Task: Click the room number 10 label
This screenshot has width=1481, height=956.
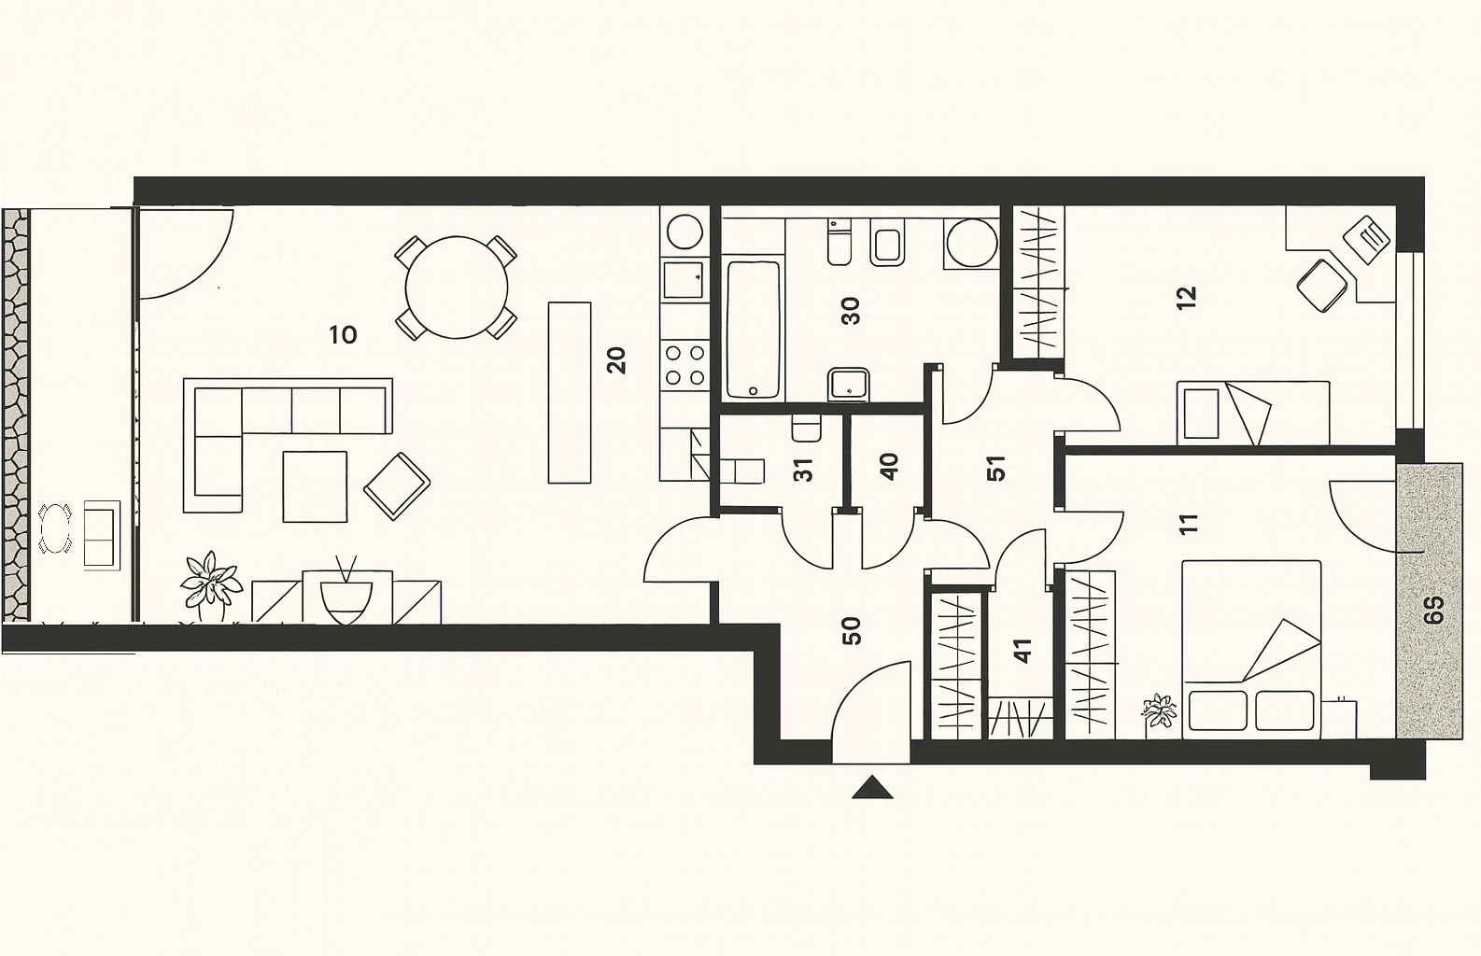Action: pyautogui.click(x=343, y=335)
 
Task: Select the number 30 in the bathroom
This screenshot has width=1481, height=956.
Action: pyautogui.click(x=851, y=311)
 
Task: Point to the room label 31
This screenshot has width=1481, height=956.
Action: pyautogui.click(x=803, y=471)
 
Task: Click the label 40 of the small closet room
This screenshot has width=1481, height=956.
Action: pyautogui.click(x=889, y=467)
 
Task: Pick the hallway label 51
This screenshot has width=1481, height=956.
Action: pyautogui.click(x=995, y=468)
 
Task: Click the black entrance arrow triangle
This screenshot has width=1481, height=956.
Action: pyautogui.click(x=872, y=787)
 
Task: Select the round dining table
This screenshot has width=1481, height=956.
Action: pyautogui.click(x=457, y=288)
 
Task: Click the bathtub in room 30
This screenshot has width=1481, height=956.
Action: pyautogui.click(x=753, y=330)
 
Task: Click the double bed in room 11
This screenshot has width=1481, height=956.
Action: pyautogui.click(x=1251, y=649)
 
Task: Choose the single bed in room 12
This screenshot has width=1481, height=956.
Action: pyautogui.click(x=1253, y=413)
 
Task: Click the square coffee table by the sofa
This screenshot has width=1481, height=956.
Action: pyautogui.click(x=315, y=486)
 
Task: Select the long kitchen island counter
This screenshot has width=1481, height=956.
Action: pyautogui.click(x=570, y=393)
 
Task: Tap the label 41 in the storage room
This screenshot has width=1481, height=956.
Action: pyautogui.click(x=1022, y=651)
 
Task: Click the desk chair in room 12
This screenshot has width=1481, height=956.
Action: pyautogui.click(x=1321, y=286)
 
